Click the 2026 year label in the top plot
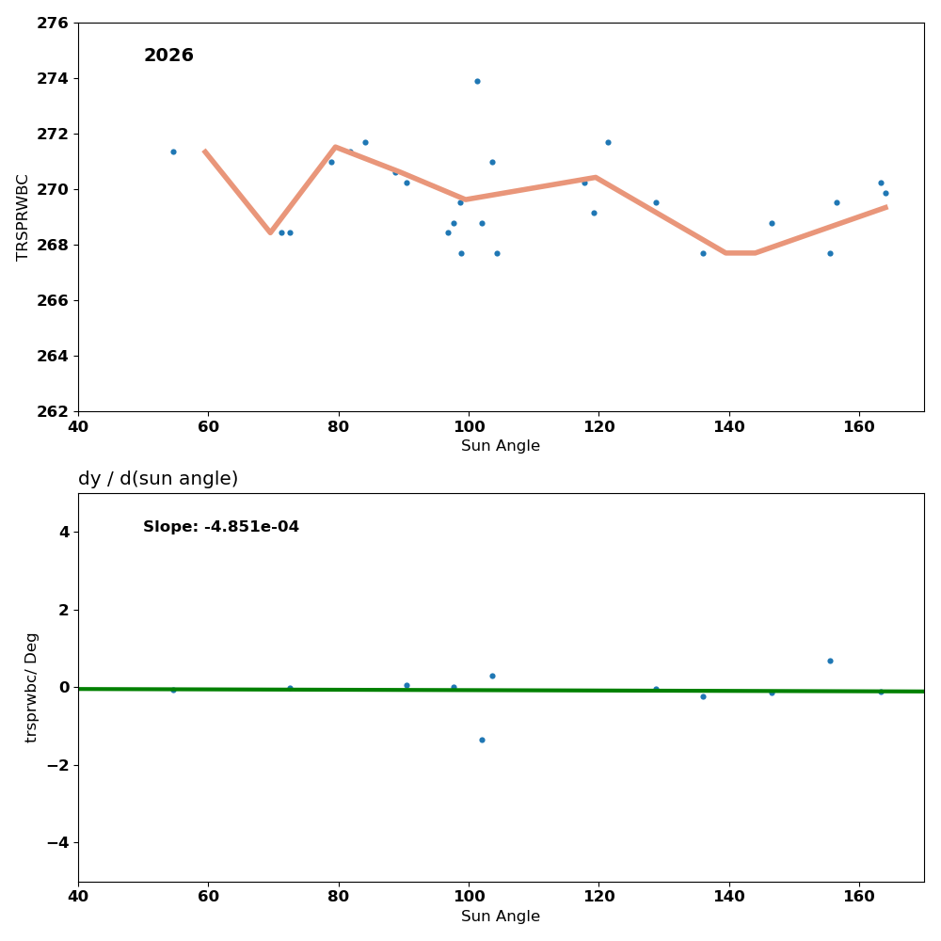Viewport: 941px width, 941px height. point(168,56)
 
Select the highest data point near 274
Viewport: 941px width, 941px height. point(477,81)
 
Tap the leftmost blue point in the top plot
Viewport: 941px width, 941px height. point(173,152)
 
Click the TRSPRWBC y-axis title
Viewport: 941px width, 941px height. point(24,217)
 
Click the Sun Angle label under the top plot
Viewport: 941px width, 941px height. point(501,446)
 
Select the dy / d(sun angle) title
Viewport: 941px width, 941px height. point(158,479)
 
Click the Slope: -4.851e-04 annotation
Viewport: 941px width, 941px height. point(221,527)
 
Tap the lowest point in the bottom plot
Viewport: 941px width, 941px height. point(482,740)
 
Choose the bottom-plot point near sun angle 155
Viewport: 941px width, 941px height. point(830,661)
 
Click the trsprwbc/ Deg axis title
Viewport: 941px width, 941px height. point(32,688)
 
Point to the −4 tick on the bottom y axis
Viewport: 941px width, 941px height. point(58,842)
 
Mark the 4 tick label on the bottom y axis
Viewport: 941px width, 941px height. point(64,532)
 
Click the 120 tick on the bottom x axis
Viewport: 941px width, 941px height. point(598,897)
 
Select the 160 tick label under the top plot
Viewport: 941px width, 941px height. point(859,426)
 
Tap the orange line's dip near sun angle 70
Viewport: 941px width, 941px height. point(270,231)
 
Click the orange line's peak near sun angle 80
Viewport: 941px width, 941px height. point(335,147)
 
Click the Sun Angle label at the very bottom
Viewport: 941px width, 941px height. point(501,917)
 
